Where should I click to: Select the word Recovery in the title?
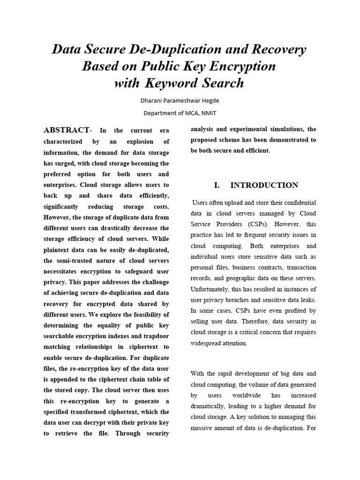(279, 49)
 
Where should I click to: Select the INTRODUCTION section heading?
(264, 185)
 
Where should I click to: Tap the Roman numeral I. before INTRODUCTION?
(217, 185)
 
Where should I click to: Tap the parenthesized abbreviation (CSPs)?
(255, 224)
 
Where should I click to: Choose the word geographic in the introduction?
(246, 278)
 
